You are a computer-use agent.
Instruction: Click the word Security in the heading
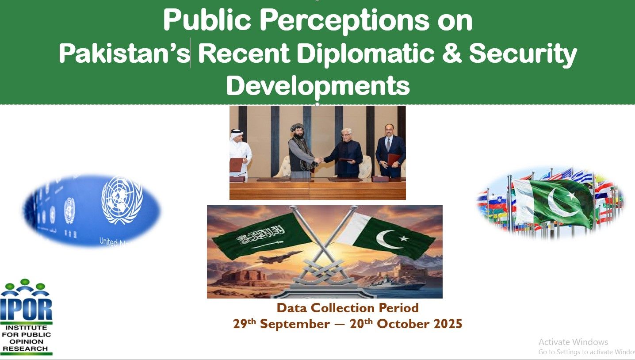[523, 54]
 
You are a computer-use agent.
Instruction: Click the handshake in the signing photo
[319, 161]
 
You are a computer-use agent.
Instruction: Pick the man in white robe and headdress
[240, 153]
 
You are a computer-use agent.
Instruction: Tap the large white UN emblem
[122, 199]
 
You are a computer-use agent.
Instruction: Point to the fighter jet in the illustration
[279, 257]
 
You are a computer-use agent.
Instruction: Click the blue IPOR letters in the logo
[26, 309]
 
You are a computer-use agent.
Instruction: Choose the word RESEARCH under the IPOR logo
[26, 349]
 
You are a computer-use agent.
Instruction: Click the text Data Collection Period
[348, 308]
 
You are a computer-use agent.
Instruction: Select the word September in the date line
[295, 324]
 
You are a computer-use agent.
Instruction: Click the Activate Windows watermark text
[573, 342]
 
